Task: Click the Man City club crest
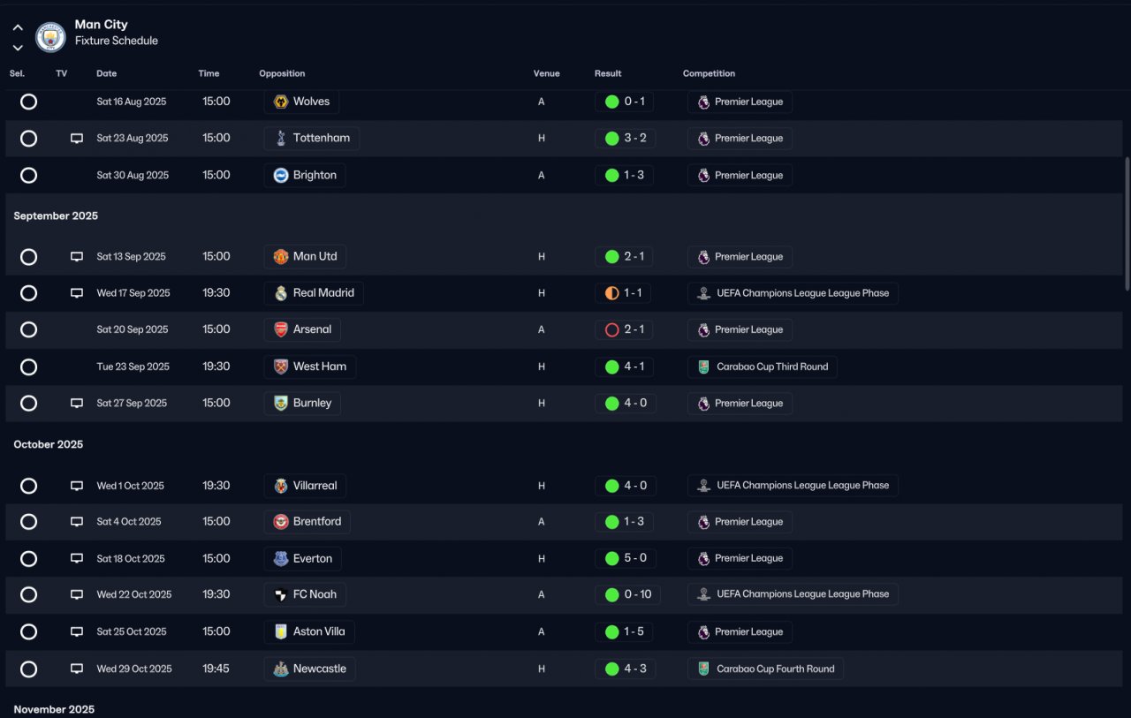50,37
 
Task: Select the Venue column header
546,73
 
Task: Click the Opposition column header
282,73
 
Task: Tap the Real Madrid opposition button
314,293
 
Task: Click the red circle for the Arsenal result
611,330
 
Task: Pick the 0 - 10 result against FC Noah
627,594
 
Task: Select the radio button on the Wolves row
28,102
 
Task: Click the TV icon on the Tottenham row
77,139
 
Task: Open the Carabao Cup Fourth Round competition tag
765,669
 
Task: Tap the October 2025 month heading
49,444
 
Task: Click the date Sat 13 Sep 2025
131,257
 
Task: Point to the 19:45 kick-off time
216,669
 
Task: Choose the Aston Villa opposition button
309,632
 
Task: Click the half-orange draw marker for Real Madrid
611,293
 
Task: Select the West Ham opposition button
310,367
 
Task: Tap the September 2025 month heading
56,215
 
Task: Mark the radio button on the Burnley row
28,404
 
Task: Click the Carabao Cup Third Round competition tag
762,367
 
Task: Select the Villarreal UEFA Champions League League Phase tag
793,486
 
